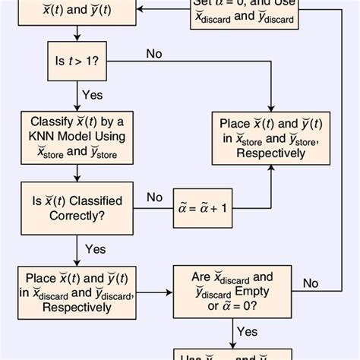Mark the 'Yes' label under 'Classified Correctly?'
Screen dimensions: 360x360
[95, 248]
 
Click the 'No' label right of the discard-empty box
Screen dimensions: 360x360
[311, 283]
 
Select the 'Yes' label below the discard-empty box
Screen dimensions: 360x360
[248, 331]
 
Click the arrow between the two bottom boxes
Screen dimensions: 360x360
[156, 292]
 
